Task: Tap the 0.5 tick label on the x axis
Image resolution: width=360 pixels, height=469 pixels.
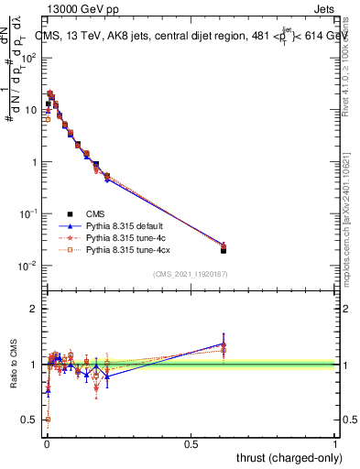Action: [191, 443]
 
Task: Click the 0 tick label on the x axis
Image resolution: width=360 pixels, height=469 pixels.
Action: [46, 443]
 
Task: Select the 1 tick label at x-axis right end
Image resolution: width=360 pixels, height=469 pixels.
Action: [335, 443]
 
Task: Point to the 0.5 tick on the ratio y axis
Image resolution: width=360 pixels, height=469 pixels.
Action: [30, 420]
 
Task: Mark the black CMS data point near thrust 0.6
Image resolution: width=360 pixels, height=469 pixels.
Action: [224, 250]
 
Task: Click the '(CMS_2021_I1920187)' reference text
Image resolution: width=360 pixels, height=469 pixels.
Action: [191, 274]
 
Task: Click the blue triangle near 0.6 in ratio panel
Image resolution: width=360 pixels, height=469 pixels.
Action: [224, 344]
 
